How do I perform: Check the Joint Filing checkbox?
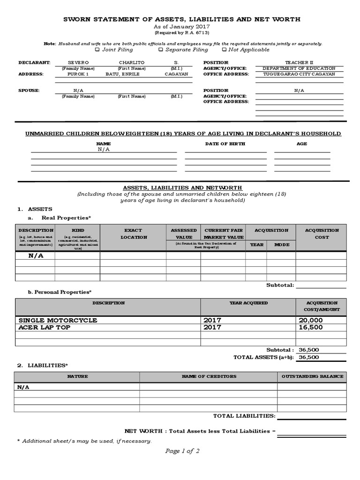click(x=97, y=50)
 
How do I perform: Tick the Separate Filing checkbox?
click(x=161, y=50)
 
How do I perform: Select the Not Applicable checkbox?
click(x=224, y=50)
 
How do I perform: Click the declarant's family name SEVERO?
click(x=78, y=62)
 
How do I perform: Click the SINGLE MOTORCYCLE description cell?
click(x=58, y=320)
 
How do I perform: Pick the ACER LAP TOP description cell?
click(x=45, y=327)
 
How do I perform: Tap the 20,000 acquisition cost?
click(x=310, y=320)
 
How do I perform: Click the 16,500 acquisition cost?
click(x=310, y=327)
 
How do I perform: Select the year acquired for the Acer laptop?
click(x=212, y=327)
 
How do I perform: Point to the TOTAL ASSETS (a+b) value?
click(x=308, y=357)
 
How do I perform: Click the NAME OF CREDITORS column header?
click(x=209, y=376)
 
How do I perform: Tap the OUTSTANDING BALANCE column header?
click(x=312, y=376)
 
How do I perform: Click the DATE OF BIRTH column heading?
click(x=225, y=144)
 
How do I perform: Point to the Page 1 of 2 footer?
click(x=182, y=451)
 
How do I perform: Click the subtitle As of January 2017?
click(x=182, y=27)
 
